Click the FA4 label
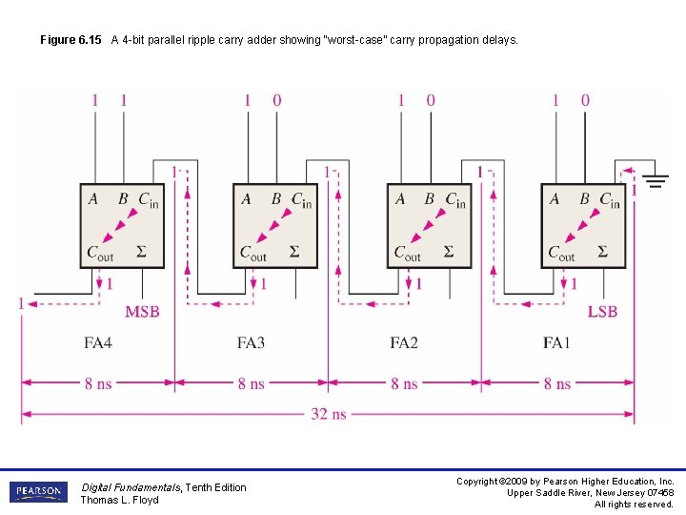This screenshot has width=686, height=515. tap(98, 341)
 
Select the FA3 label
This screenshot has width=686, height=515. tap(252, 341)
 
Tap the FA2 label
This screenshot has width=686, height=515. tap(405, 341)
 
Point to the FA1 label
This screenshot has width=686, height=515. tap(558, 341)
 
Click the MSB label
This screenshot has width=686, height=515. tap(142, 312)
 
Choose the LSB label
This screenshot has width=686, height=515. tap(602, 312)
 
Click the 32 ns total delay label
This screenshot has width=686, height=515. tap(329, 414)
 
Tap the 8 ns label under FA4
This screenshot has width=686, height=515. tap(98, 383)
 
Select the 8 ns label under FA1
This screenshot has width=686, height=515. tap(557, 383)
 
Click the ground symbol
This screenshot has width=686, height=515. tap(655, 178)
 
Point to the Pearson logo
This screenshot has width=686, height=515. tap(39, 492)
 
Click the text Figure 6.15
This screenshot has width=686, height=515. tap(71, 41)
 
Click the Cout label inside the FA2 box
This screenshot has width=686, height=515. tap(408, 254)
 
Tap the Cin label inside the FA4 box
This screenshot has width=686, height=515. tap(149, 200)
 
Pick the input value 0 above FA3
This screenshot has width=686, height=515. tap(277, 100)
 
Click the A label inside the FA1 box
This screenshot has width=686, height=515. tap(555, 199)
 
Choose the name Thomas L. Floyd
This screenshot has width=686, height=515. tap(119, 500)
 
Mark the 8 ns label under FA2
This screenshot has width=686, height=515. tap(404, 383)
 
